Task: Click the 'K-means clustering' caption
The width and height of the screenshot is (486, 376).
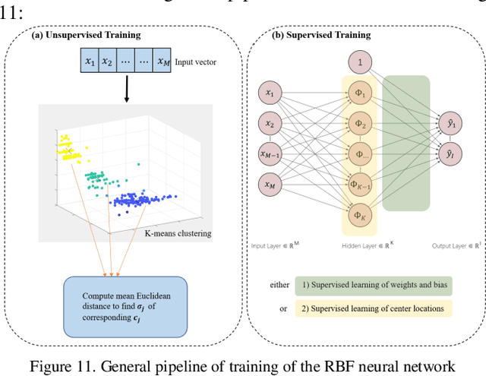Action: click(x=178, y=232)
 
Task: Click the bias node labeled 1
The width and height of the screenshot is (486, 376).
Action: click(x=359, y=61)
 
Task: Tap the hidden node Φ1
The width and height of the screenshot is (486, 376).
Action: click(x=359, y=93)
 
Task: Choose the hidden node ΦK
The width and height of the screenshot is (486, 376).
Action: click(x=359, y=216)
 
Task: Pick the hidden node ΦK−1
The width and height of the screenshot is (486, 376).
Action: click(x=359, y=185)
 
